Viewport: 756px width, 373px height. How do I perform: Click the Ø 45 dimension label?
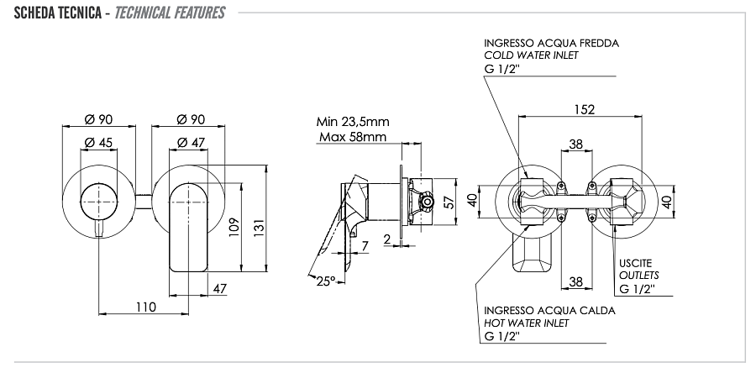coord(100,142)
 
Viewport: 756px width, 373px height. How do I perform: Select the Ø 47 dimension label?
coord(192,142)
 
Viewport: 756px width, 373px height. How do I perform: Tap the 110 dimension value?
coord(146,307)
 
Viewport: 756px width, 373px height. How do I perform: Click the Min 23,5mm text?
coord(353,122)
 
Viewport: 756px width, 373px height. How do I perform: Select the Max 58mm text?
coord(353,136)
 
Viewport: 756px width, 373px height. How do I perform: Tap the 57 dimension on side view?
coord(449,202)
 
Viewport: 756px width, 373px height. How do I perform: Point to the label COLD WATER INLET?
coord(532,55)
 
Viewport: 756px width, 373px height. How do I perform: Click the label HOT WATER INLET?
coord(527,323)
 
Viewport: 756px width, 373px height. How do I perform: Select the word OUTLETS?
coord(638,275)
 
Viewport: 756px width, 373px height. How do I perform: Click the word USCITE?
coord(635,262)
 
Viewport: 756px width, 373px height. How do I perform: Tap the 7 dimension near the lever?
coord(365,245)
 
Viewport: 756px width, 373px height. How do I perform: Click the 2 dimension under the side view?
coord(387,239)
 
